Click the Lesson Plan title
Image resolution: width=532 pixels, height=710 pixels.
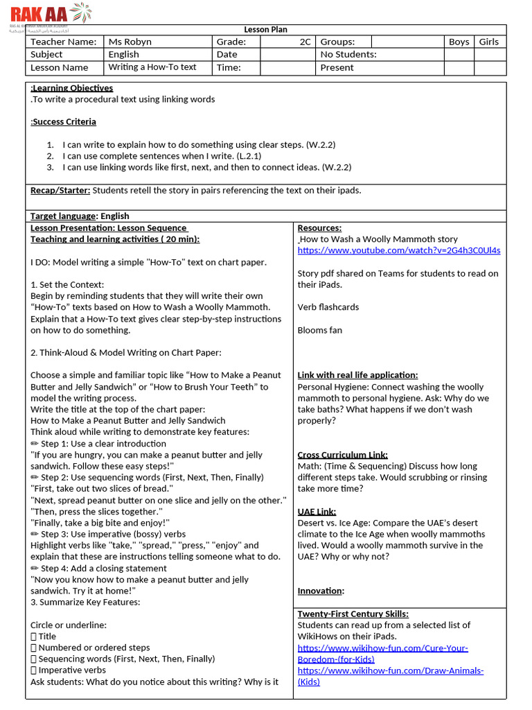click(265, 30)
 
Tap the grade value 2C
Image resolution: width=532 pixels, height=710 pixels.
click(305, 42)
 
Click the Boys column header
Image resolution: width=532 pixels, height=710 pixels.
click(459, 42)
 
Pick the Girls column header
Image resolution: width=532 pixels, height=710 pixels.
click(488, 42)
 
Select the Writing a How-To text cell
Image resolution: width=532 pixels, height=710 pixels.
click(152, 67)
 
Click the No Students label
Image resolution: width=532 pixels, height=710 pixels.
click(348, 54)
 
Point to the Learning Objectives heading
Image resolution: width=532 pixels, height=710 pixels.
click(72, 88)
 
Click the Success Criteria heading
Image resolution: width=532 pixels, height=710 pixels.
click(64, 122)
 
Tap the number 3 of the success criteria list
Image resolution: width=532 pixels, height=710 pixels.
click(51, 167)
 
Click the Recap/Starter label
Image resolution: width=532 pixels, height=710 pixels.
click(60, 190)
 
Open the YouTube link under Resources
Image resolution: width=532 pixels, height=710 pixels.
click(399, 250)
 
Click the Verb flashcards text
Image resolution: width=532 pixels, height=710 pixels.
click(328, 307)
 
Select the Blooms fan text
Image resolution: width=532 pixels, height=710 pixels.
click(320, 330)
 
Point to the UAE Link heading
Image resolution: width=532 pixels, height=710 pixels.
click(317, 512)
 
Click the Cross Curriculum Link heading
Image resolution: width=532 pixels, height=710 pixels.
click(342, 455)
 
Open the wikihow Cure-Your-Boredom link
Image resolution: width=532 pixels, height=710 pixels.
click(382, 653)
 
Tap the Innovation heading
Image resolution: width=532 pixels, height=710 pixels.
click(320, 591)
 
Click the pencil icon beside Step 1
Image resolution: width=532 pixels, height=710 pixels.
click(35, 444)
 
